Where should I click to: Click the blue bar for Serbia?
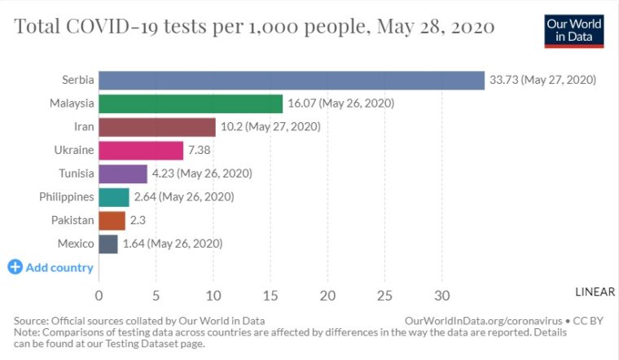292,80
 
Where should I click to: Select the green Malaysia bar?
191,103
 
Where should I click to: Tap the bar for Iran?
157,127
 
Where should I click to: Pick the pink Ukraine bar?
141,151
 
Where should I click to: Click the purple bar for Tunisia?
123,173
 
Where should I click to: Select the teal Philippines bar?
114,197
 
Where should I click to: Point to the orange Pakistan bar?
112,220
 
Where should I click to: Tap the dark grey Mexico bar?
108,244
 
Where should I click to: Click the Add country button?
50,267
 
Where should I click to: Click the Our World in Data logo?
574,30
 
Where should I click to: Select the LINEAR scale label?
595,292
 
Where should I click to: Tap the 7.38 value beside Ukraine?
200,151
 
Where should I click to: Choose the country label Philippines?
67,197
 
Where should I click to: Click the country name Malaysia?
72,103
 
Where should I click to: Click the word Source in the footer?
33,321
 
